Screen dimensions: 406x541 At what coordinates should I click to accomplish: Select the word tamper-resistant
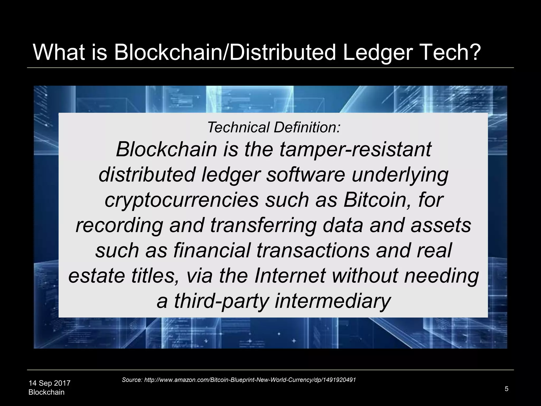tap(355, 150)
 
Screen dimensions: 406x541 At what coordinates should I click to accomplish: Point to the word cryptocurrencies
tap(182, 200)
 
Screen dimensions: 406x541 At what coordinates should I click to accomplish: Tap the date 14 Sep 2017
tap(49, 383)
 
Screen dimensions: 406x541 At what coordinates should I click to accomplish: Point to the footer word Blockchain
tap(46, 392)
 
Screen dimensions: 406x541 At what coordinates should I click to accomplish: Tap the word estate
tap(96, 275)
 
